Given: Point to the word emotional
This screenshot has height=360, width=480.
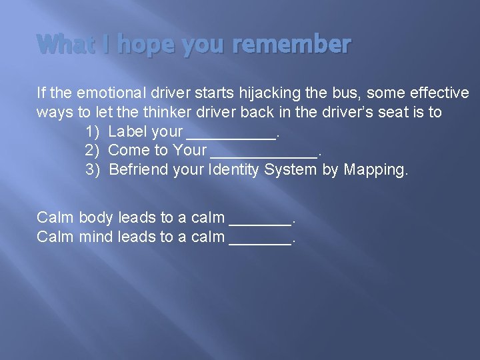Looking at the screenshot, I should (110, 93).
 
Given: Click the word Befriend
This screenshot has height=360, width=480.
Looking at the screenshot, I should (138, 169).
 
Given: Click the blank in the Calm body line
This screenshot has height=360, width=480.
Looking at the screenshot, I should (260, 219).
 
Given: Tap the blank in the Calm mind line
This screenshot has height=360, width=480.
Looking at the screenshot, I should (260, 239).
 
